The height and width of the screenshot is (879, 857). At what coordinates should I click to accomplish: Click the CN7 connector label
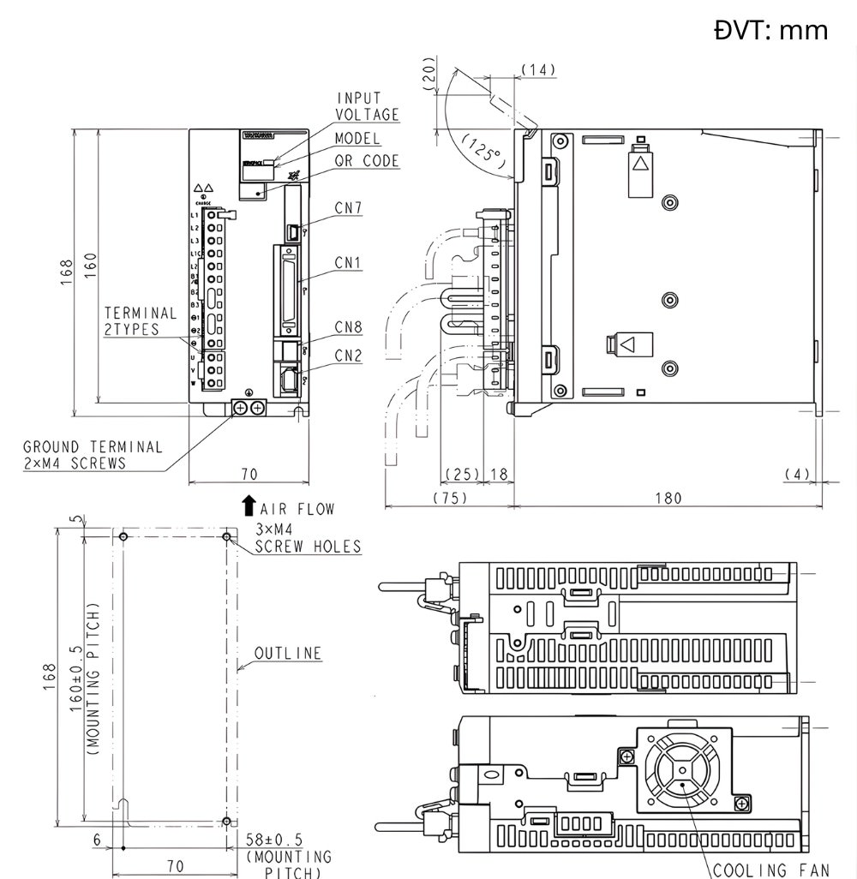coord(347,207)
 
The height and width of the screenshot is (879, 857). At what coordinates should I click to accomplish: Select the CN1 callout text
coord(347,263)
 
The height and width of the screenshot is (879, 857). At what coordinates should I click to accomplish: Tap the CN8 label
coord(348,326)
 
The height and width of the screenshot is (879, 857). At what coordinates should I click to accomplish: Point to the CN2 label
coord(348,355)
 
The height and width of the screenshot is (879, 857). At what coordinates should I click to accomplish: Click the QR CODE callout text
coord(367,161)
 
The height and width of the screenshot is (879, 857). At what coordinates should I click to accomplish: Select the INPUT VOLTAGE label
coord(367,107)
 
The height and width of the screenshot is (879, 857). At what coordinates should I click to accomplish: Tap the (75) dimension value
coord(450,499)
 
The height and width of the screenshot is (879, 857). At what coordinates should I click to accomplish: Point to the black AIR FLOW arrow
coord(249,505)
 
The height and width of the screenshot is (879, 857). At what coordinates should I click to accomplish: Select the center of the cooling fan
coord(681,769)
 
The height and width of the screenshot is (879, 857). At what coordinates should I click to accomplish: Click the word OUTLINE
coord(288,654)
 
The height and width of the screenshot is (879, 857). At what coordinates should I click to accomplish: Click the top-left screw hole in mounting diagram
coord(124,536)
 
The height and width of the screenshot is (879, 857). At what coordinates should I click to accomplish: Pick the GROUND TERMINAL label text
coord(93,455)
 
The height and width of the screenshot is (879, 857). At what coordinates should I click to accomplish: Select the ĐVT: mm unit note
coord(770,31)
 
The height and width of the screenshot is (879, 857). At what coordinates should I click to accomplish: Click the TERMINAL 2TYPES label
coord(141,321)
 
